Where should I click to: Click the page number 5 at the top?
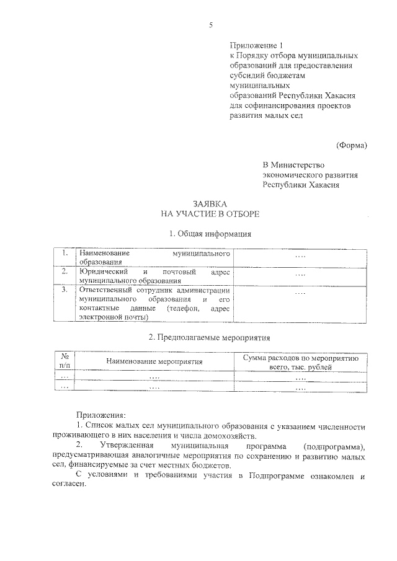[x=211, y=25]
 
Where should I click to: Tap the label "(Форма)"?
[x=352, y=145]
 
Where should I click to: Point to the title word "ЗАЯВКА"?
[x=210, y=204]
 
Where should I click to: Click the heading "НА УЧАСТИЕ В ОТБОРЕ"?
[x=210, y=214]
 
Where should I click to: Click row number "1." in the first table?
[x=64, y=254]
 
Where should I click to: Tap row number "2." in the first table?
[x=64, y=272]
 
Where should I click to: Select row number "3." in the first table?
[x=64, y=289]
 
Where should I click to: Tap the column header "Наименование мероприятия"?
[x=154, y=361]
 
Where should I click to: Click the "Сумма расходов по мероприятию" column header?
[x=301, y=358]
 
